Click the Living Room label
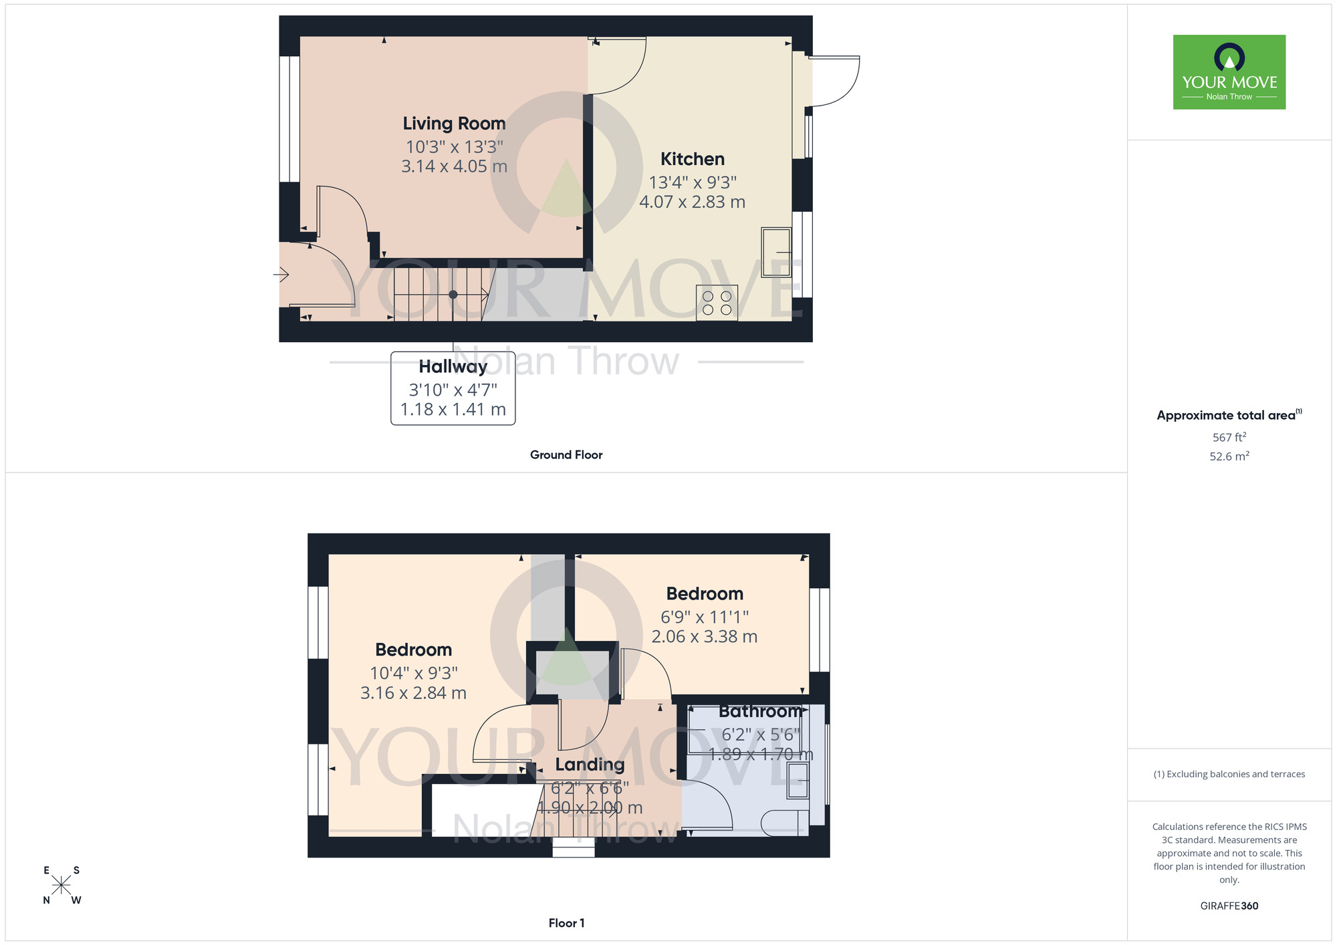click(x=454, y=124)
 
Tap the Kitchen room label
click(x=693, y=159)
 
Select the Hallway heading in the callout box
click(x=453, y=367)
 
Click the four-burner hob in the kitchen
click(x=717, y=303)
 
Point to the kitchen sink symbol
click(x=776, y=253)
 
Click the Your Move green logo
click(x=1229, y=72)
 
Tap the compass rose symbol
click(x=62, y=886)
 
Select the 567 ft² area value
click(x=1229, y=438)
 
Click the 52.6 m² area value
click(x=1229, y=456)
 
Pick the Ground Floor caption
click(x=566, y=455)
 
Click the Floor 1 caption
click(x=566, y=923)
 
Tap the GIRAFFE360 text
click(x=1229, y=906)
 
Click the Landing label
click(x=590, y=765)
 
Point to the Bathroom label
click(x=760, y=712)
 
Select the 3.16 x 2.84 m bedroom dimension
click(x=413, y=693)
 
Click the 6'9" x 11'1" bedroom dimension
click(x=705, y=617)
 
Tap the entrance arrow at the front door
click(x=281, y=274)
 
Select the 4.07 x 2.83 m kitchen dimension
click(x=692, y=202)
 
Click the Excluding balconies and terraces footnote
click(x=1229, y=774)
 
